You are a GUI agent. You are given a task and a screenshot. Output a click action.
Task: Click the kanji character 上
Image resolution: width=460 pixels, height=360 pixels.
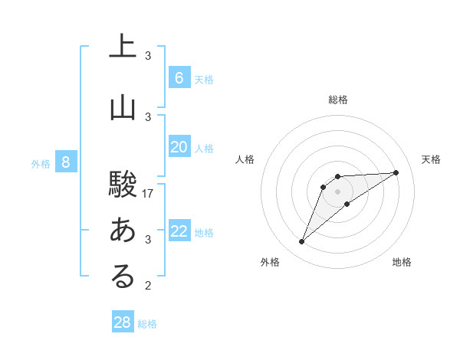tap(123, 48)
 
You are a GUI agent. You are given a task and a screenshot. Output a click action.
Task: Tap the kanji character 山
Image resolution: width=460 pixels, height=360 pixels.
tap(123, 109)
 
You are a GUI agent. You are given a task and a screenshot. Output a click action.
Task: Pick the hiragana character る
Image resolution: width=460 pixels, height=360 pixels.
tap(123, 277)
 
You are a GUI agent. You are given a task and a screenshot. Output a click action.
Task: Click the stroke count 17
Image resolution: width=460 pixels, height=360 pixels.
tap(149, 194)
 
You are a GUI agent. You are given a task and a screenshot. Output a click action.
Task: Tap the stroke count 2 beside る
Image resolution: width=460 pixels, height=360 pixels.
tap(148, 286)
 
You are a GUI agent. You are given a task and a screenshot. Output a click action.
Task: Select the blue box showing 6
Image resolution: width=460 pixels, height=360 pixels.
tap(179, 77)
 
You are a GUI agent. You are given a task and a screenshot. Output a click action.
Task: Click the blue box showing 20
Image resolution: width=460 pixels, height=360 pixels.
tap(179, 147)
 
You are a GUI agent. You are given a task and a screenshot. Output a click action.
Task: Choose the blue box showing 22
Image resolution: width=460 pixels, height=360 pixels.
tap(179, 231)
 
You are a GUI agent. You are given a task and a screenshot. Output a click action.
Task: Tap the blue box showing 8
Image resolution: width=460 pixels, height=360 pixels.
tap(67, 162)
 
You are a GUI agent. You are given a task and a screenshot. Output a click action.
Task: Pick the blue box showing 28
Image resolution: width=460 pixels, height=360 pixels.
tap(123, 322)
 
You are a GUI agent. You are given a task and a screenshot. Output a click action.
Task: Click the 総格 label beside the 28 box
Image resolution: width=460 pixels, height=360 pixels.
tap(147, 324)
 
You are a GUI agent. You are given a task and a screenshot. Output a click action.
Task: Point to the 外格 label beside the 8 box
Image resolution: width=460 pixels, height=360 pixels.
tap(41, 163)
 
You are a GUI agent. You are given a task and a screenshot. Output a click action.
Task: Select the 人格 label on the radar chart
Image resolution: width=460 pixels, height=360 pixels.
tap(245, 159)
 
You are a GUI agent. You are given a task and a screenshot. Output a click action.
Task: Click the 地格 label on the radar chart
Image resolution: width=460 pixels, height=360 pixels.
tap(402, 263)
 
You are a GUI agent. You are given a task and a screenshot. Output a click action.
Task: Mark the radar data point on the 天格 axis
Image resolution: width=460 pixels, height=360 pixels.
tap(396, 172)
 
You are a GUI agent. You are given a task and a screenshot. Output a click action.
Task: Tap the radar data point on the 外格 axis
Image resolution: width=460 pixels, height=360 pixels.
tap(301, 242)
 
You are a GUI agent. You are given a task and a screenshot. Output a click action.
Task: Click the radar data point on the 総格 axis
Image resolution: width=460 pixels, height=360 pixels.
tap(337, 176)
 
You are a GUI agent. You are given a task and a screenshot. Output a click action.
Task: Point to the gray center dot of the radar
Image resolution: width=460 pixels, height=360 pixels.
tap(337, 191)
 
